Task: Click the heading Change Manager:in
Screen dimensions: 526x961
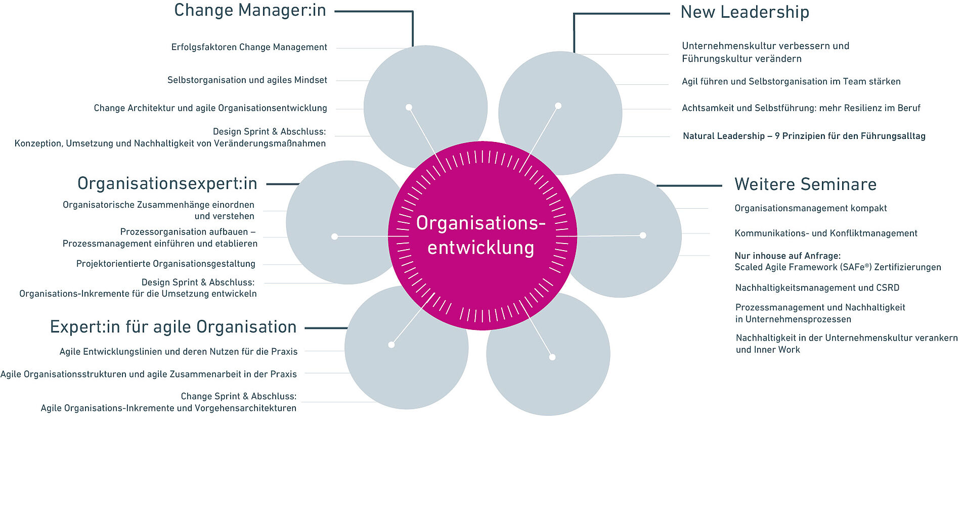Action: [x=250, y=11]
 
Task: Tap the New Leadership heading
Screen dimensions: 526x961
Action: [x=745, y=12]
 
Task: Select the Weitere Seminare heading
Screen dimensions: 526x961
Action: [x=805, y=184]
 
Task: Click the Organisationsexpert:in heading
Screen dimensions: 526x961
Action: [x=167, y=183]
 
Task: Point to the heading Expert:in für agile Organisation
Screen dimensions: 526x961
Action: [x=173, y=327]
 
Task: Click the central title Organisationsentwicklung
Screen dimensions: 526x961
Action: [x=481, y=235]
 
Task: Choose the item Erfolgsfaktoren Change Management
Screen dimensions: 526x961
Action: [x=249, y=47]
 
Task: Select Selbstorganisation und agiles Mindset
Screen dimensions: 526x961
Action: [x=247, y=80]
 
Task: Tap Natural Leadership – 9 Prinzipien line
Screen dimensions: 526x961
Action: [x=804, y=136]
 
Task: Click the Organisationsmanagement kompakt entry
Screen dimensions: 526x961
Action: [x=810, y=208]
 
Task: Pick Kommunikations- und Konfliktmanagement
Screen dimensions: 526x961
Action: [x=825, y=233]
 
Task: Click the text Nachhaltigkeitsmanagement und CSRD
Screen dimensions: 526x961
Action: [x=817, y=288]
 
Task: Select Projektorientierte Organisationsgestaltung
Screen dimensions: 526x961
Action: [x=165, y=264]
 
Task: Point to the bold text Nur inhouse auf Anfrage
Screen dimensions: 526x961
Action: [x=787, y=256]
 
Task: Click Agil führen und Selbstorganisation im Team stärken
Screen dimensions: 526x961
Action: [x=791, y=81]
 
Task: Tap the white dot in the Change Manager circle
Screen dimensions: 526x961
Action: [x=409, y=107]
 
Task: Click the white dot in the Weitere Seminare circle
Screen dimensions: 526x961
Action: [x=643, y=235]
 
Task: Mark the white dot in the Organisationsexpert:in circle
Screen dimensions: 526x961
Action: [x=334, y=236]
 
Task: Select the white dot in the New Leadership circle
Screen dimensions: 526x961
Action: [x=558, y=106]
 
